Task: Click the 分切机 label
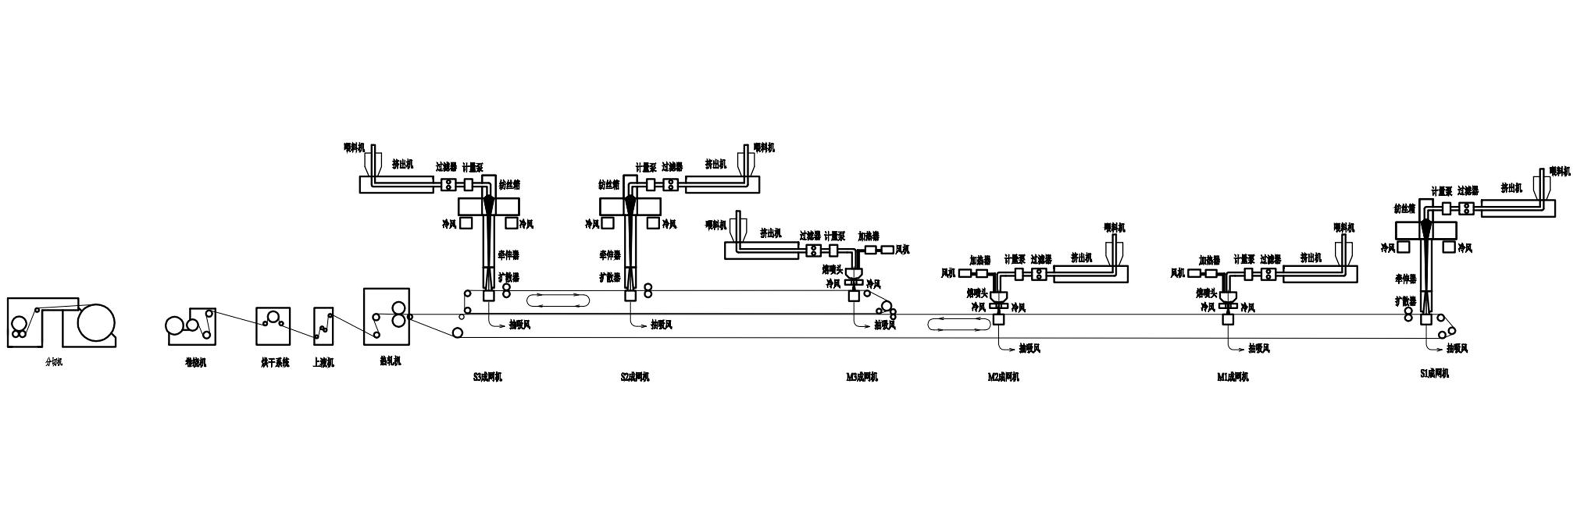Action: tap(55, 362)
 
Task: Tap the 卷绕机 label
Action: tap(196, 363)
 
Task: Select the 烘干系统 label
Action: tap(275, 363)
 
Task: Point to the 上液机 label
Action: tap(323, 363)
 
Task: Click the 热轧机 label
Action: tap(390, 361)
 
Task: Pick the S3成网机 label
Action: tap(488, 377)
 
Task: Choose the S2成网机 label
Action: tap(635, 377)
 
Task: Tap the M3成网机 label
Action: tap(862, 377)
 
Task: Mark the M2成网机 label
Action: tap(1003, 377)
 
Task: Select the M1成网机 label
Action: tap(1233, 377)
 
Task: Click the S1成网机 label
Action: tap(1435, 373)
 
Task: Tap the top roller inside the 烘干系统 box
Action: tap(273, 317)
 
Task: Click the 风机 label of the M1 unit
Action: tap(1178, 273)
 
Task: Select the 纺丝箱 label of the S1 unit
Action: tap(1405, 209)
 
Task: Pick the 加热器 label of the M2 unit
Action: tap(980, 260)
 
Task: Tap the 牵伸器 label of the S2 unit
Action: tap(610, 255)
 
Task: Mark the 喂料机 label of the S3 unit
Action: tap(354, 148)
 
